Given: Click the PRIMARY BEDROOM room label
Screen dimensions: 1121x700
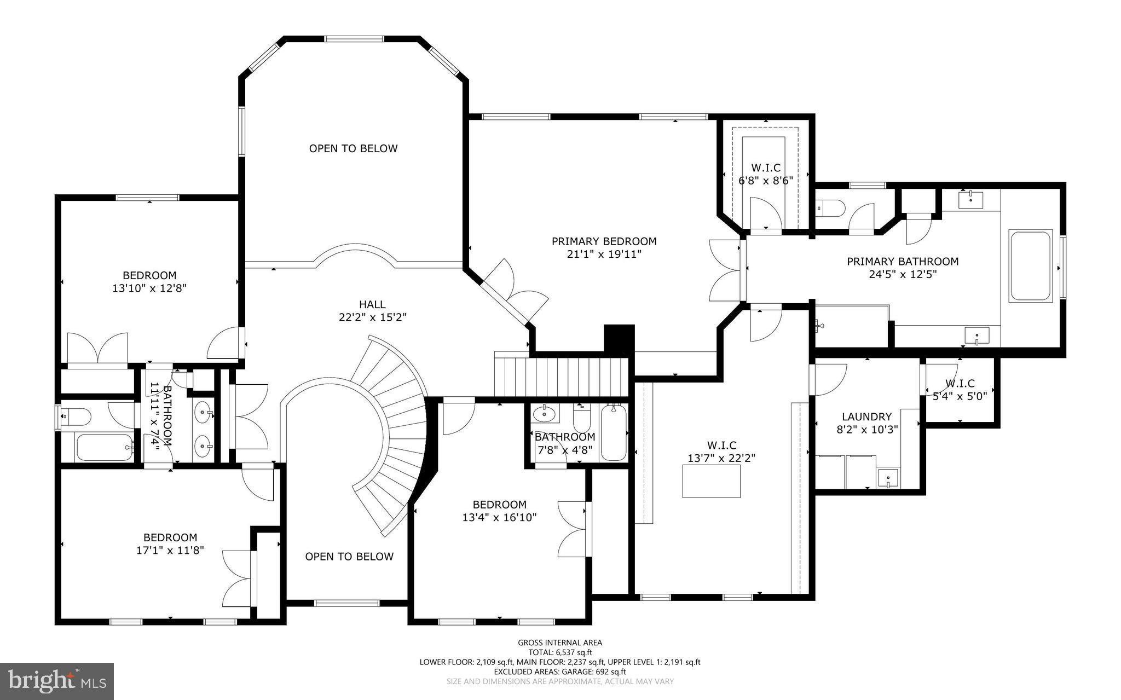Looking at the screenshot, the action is tap(604, 241).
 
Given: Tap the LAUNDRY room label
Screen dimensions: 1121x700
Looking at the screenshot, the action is tap(866, 417).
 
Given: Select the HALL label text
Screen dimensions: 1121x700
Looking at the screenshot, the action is tap(372, 304).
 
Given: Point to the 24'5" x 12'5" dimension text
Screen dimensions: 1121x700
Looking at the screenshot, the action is tap(903, 274).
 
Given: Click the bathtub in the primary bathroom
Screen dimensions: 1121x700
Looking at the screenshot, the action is tap(1031, 266).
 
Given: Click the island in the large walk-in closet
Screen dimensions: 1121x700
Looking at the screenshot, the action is tap(712, 481).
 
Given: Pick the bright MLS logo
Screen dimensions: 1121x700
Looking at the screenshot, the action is tap(57, 681).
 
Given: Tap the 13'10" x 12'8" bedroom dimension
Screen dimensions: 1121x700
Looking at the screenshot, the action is tap(149, 288).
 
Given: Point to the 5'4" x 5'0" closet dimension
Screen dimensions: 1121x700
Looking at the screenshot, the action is tap(960, 396).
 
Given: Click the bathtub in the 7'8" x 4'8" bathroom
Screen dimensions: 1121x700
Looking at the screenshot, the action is tap(614, 432).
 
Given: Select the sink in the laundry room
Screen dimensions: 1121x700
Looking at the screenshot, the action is tap(888, 478).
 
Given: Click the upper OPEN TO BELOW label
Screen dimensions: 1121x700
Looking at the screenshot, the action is tap(354, 148).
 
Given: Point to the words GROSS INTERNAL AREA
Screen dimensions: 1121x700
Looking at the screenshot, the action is tap(560, 643).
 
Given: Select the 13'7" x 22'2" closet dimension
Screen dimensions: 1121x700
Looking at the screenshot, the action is tap(721, 459).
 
